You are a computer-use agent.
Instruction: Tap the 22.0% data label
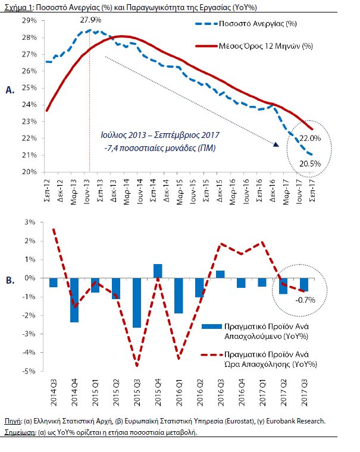(310, 138)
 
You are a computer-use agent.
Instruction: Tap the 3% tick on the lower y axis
(30, 222)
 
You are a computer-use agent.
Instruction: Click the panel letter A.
(9, 90)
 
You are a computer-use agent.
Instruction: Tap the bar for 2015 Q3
(136, 302)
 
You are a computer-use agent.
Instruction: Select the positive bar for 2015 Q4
(157, 271)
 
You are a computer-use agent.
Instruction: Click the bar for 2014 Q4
(74, 300)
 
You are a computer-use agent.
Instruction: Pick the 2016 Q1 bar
(179, 295)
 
